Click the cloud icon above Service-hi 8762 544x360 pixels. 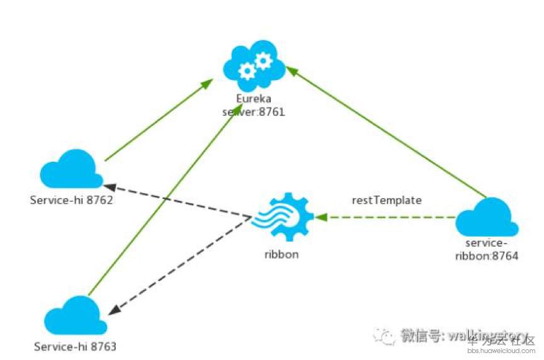[x=71, y=169]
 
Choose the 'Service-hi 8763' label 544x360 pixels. [x=75, y=346]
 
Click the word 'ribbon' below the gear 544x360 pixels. [x=281, y=255]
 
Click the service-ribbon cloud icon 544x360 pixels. [x=487, y=218]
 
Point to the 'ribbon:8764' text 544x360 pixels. [x=487, y=256]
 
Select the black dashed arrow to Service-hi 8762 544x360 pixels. [x=176, y=201]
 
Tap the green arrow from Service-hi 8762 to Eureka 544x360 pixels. [x=157, y=120]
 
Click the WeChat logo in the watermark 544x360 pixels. [x=385, y=335]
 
